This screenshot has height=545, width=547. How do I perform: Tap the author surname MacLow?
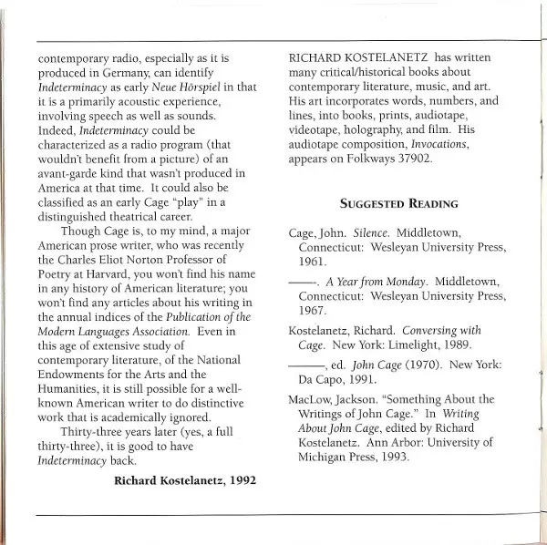(300, 400)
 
